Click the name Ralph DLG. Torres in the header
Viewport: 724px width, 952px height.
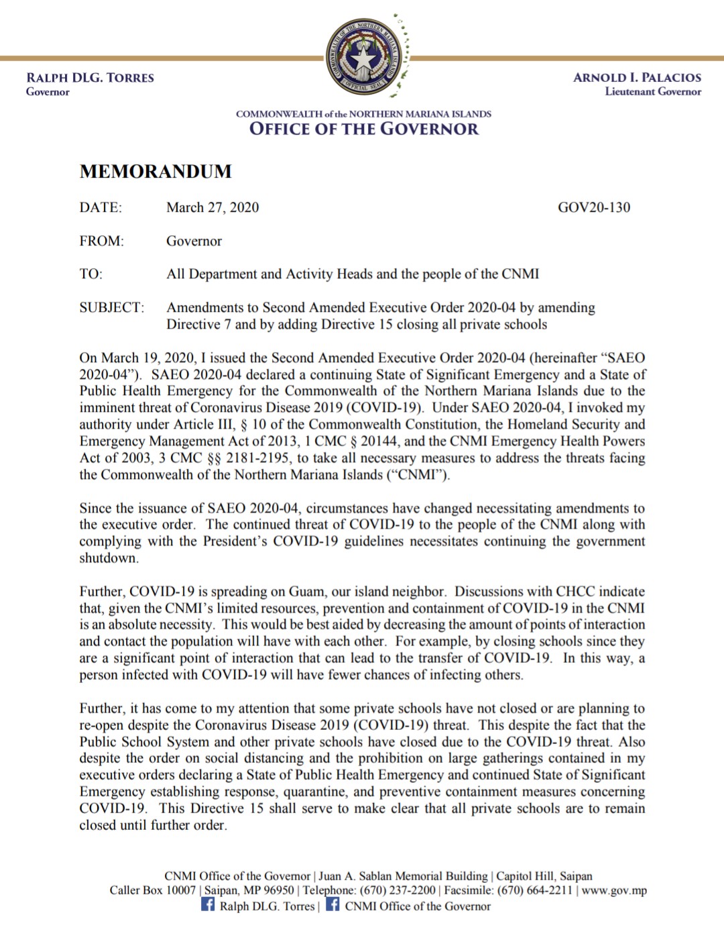point(90,78)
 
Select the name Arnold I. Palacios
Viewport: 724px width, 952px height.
point(636,78)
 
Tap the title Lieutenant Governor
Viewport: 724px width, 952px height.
point(652,92)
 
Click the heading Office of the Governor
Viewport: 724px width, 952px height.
point(363,129)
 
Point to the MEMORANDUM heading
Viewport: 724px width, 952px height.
point(156,172)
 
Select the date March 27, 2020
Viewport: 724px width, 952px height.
point(213,207)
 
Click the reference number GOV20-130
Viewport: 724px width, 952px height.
point(593,207)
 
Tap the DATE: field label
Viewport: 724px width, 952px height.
point(101,207)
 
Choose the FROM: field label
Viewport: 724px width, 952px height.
point(101,241)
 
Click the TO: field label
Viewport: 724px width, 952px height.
point(90,274)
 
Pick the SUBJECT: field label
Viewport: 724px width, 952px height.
point(111,307)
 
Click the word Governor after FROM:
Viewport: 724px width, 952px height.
point(194,241)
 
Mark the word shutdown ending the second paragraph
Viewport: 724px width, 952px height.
point(109,558)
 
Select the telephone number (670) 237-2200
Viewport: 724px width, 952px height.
point(398,890)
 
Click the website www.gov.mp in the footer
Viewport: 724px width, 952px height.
point(614,890)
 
